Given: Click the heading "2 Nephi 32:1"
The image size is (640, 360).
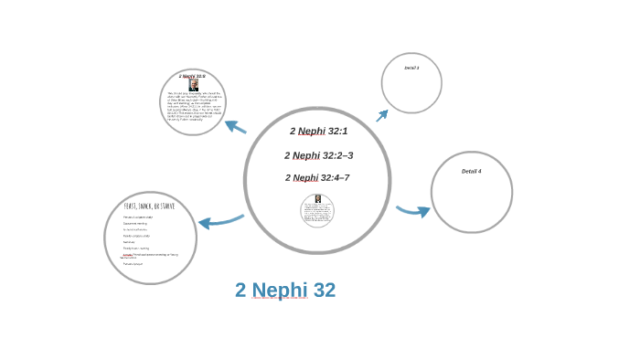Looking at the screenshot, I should coord(318,132).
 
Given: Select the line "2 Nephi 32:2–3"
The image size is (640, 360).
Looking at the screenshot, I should coord(318,155).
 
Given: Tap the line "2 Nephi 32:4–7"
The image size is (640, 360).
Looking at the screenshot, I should coord(317,177).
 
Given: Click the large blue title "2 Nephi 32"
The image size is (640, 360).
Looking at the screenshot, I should coord(285,290).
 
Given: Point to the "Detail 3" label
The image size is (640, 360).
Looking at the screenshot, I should coord(411,68).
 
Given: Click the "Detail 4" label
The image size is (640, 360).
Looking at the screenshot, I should coord(471,171).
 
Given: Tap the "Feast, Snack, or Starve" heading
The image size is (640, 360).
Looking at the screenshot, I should coord(149,206).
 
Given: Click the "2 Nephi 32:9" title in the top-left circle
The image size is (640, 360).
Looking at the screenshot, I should coord(192,76).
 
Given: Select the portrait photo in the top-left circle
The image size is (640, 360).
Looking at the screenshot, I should coord(193,85).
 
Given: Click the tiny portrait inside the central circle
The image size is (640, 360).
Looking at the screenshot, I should coord(317,199).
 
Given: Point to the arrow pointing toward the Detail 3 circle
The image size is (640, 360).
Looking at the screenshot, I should coord(382,115).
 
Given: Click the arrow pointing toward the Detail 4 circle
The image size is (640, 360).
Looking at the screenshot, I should coord(413,211).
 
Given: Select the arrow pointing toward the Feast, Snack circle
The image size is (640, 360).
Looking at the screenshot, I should coord(220,221).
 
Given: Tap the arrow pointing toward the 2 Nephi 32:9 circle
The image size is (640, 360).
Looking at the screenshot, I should coord(235,127).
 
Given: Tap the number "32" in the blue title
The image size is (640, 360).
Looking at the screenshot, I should coord(324,290).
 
